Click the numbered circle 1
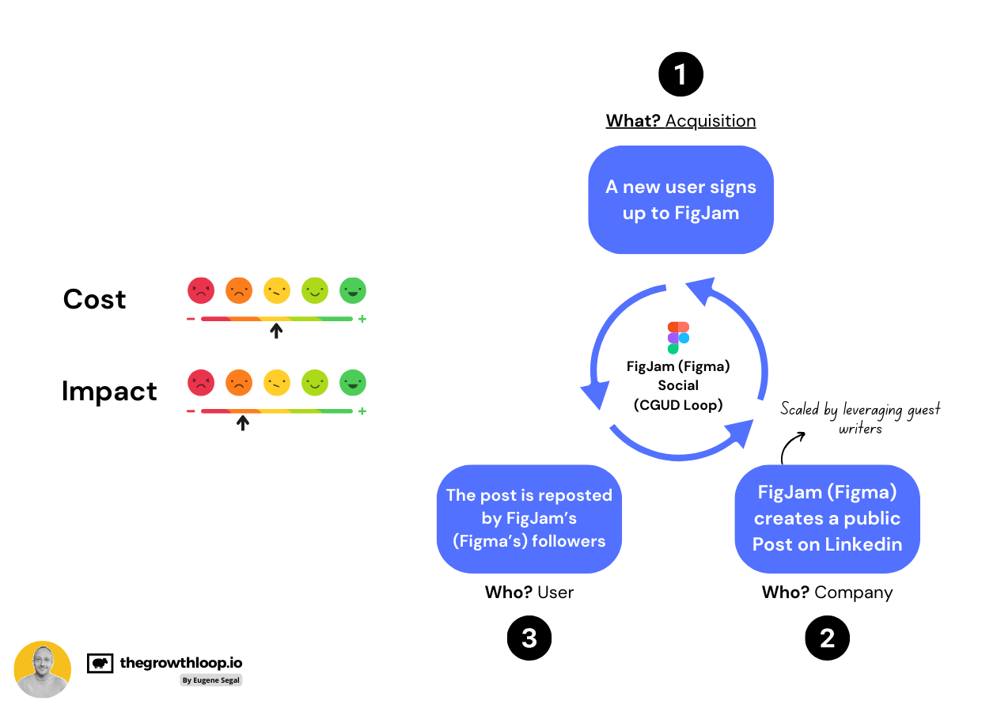click(680, 75)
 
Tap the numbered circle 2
click(827, 638)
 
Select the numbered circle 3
click(529, 638)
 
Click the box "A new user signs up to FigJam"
click(680, 199)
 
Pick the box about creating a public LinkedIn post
click(827, 518)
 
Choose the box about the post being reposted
click(529, 518)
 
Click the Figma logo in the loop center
click(678, 337)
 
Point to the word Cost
click(95, 299)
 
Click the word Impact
click(109, 392)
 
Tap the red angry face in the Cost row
click(201, 290)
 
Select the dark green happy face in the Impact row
click(353, 383)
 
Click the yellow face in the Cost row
click(277, 290)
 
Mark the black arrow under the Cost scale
click(275, 330)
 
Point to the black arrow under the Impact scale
click(243, 422)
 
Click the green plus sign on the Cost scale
click(362, 320)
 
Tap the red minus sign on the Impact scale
click(191, 411)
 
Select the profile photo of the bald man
click(43, 669)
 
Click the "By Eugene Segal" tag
click(210, 680)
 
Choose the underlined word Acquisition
click(711, 121)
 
